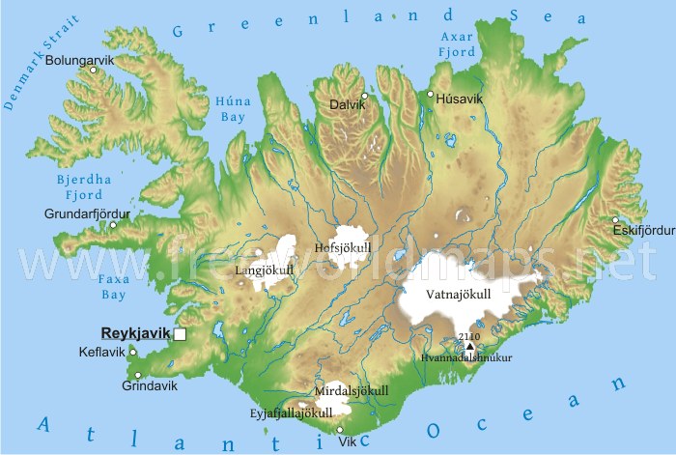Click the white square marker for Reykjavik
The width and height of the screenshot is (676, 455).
(x=180, y=334)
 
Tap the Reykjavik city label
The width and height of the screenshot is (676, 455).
(x=135, y=332)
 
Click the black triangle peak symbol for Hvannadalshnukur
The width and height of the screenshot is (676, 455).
(x=470, y=346)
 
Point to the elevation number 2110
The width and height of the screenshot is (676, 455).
(x=470, y=335)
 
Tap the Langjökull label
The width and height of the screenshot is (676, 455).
(x=264, y=271)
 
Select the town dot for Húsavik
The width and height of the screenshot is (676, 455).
(x=431, y=94)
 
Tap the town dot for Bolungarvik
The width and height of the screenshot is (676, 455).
(x=94, y=71)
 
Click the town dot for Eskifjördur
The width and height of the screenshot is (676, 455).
(x=616, y=220)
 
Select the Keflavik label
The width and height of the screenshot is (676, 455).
(x=102, y=352)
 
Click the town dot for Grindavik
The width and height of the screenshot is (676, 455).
(x=134, y=374)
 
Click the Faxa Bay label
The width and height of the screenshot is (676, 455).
(x=114, y=284)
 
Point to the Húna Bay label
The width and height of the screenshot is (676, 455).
(x=232, y=108)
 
